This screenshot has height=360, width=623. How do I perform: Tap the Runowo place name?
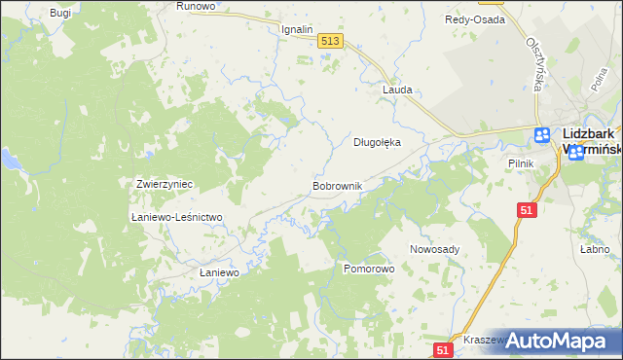click(x=195, y=6)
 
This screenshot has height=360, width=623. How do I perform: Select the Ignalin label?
click(x=297, y=29)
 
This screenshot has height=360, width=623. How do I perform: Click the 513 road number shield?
click(x=329, y=40)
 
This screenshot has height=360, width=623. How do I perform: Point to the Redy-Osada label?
click(x=474, y=19)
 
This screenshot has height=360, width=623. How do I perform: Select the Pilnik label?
click(x=521, y=163)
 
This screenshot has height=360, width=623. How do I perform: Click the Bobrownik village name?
click(x=337, y=185)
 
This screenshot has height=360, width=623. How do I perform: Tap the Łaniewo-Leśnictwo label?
click(x=177, y=217)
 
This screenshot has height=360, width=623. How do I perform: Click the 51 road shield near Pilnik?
click(x=527, y=210)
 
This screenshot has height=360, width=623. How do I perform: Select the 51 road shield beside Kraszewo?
click(x=443, y=349)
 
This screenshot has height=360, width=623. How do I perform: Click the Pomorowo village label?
click(x=368, y=268)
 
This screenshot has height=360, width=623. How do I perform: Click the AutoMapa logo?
click(x=555, y=340)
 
